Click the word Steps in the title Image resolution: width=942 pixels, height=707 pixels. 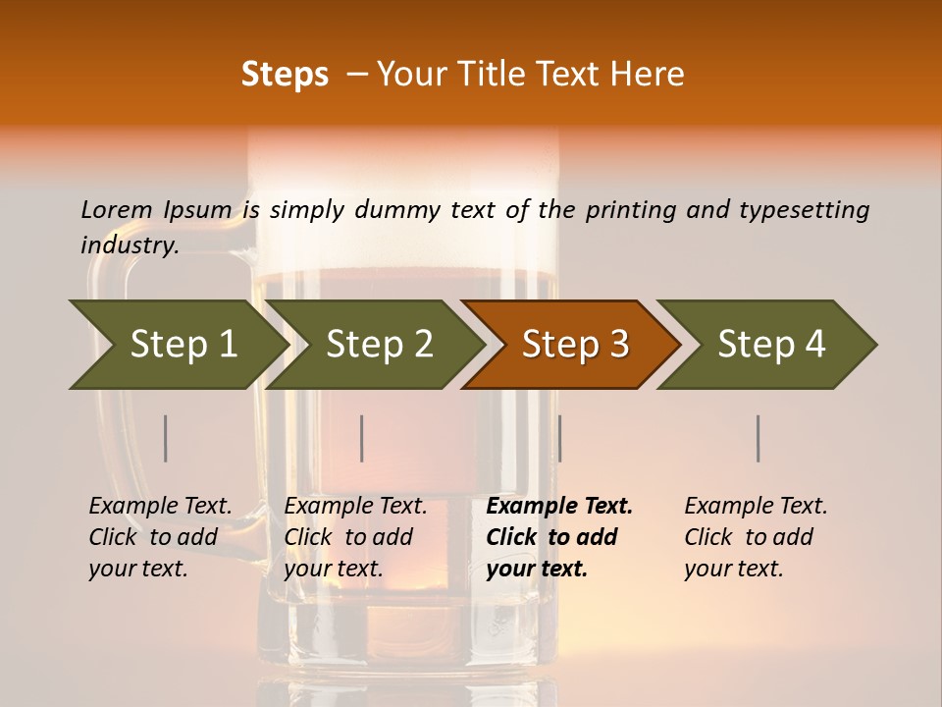point(285,75)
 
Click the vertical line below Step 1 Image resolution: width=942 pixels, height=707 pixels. point(166,438)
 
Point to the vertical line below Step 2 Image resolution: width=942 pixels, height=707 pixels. point(362,438)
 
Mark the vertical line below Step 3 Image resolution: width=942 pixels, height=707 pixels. point(559,438)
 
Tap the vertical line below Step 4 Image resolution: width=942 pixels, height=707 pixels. point(759,438)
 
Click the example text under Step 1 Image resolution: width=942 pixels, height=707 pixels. point(160,537)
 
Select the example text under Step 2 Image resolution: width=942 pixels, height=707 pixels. point(355,537)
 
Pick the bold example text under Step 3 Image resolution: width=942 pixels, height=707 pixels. point(558,537)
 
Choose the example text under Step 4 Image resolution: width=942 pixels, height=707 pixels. point(756,537)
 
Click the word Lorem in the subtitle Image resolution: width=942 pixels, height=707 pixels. point(116,210)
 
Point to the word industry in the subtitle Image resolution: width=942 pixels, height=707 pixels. point(129,245)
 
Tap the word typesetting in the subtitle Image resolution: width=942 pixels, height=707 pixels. point(804,210)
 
